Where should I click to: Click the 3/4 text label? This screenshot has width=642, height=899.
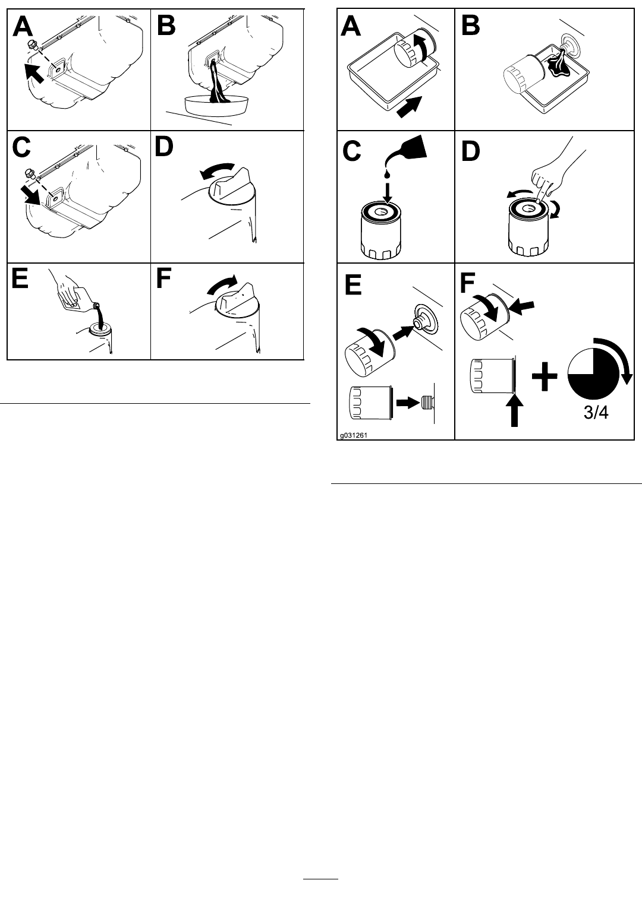[x=595, y=413]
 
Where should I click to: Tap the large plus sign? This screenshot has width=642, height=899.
[x=545, y=378]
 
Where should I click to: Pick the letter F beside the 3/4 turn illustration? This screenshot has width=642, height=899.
[x=468, y=283]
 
